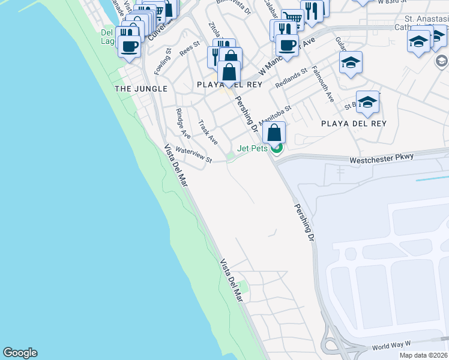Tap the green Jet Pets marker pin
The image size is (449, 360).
pos(276,148)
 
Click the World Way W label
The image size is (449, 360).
pos(390,346)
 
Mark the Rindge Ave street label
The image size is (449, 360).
pos(183,122)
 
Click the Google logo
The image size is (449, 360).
pos(20,353)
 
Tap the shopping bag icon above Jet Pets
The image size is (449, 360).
pos(274,133)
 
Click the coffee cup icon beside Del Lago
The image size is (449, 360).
pos(129,45)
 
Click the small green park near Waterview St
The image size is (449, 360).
pos(231,157)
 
